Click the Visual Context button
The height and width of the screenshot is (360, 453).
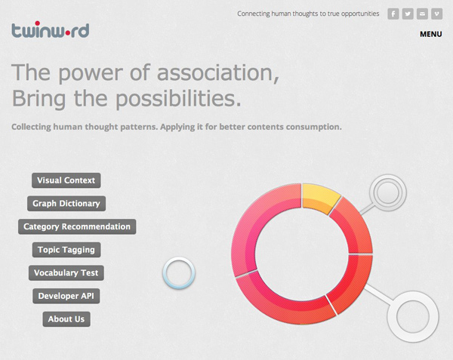[x=66, y=180]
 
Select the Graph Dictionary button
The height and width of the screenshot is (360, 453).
[x=66, y=204]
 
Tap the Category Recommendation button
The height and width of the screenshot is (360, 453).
[x=77, y=226]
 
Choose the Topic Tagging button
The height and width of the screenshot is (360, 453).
[x=66, y=250]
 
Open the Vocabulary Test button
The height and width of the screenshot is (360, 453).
[x=66, y=272]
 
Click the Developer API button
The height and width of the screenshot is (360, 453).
[x=66, y=296]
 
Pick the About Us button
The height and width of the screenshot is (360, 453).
[x=66, y=319]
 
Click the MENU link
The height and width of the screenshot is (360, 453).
[x=431, y=34]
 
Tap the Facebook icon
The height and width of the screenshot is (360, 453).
[x=393, y=14]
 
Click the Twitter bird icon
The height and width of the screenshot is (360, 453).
[x=408, y=14]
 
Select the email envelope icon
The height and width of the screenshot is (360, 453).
[x=422, y=14]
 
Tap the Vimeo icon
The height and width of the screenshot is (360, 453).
[x=437, y=14]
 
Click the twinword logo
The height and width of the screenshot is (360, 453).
[x=51, y=29]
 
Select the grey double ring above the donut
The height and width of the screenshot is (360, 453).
[x=388, y=177]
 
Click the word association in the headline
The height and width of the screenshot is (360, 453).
[x=218, y=72]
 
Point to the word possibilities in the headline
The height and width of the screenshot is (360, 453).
[x=178, y=99]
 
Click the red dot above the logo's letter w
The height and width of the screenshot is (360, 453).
[x=37, y=23]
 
